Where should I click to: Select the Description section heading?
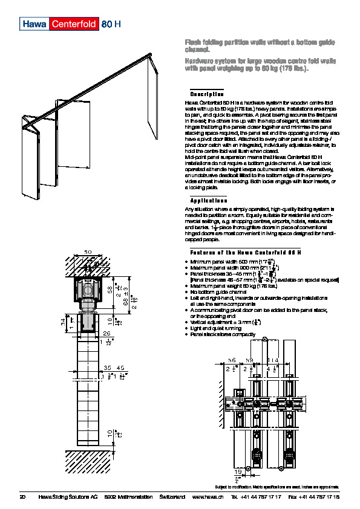coord(207,94)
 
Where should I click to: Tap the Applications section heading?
coord(209,200)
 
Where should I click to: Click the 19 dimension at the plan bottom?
coord(237,472)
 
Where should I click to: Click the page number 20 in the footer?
coord(23,496)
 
